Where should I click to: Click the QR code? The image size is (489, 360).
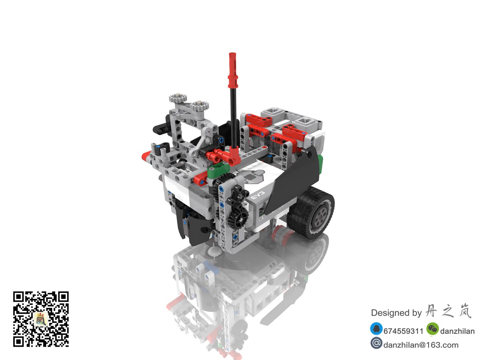41,319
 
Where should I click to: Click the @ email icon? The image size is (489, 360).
376,343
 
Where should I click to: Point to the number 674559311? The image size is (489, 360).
403,331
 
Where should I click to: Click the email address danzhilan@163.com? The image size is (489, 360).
421,345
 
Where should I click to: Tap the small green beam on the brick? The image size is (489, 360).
215,170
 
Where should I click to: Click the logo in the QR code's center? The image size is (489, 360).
41,319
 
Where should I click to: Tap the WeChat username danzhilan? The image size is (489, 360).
457,331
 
